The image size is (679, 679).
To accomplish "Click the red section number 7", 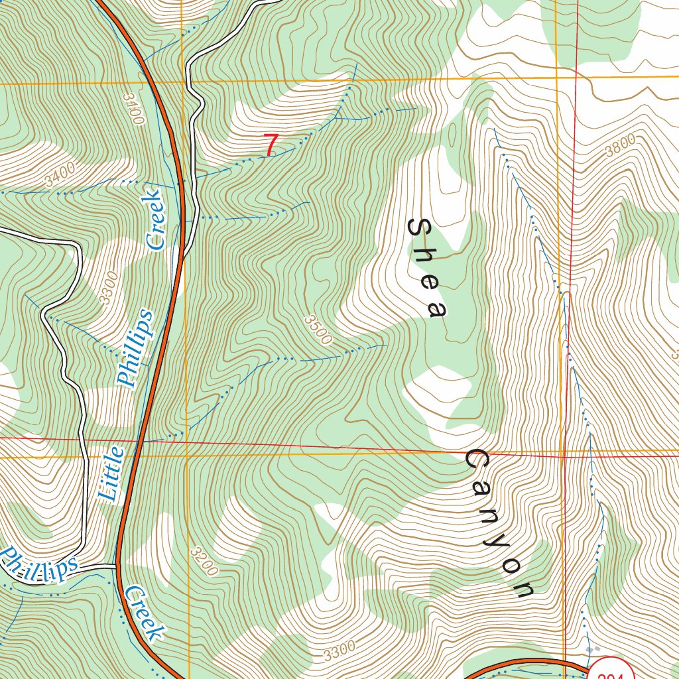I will [270, 145].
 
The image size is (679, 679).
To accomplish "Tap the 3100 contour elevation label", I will [133, 109].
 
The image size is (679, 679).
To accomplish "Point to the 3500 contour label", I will [318, 330].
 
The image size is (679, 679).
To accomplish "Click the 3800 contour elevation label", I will [620, 145].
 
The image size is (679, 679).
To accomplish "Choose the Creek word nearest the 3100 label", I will [154, 219].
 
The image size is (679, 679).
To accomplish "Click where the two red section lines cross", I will [563, 456].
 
